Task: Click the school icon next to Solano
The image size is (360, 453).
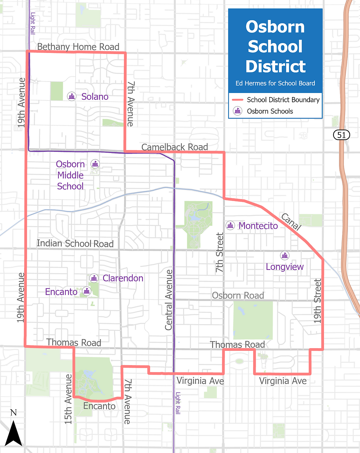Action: click(72, 96)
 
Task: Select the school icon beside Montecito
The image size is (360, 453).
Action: click(230, 225)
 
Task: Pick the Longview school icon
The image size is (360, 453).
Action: click(284, 255)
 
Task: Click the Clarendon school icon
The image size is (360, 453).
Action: click(94, 278)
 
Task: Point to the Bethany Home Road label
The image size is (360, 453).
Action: click(78, 47)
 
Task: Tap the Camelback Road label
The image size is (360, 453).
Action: click(174, 147)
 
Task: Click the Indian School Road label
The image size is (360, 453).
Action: click(75, 243)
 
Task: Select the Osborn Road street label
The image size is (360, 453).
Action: click(238, 295)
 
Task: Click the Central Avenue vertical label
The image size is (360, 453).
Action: click(169, 300)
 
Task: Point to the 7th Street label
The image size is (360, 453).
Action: click(219, 252)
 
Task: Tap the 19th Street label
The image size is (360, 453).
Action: click(318, 301)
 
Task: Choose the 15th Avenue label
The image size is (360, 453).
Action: click(69, 399)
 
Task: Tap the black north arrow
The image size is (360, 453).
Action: click(14, 432)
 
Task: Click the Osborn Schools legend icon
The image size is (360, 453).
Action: click(237, 111)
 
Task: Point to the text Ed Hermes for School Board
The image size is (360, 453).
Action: click(275, 83)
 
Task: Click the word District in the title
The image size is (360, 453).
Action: click(275, 67)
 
